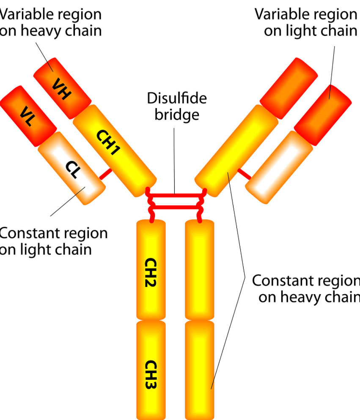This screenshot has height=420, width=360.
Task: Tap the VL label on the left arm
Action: (x=28, y=115)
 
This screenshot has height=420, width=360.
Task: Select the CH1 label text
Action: (x=107, y=143)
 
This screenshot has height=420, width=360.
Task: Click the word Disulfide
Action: (x=177, y=98)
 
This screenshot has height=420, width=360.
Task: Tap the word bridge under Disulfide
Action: (x=177, y=114)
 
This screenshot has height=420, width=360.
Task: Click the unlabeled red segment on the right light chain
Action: (x=322, y=114)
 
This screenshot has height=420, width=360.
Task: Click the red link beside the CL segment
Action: (x=106, y=173)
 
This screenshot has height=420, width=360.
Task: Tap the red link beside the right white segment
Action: (x=244, y=173)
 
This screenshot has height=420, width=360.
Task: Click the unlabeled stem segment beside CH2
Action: (x=200, y=270)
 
